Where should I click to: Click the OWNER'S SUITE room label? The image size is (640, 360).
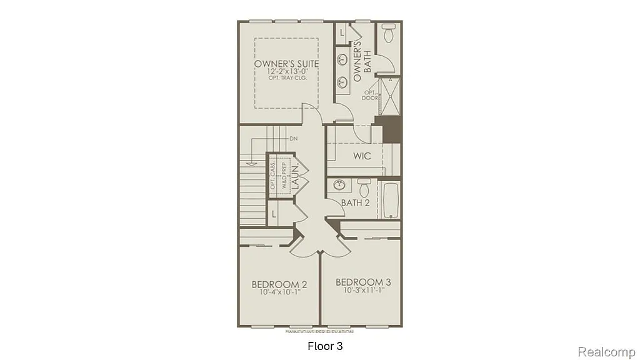pyautogui.click(x=286, y=64)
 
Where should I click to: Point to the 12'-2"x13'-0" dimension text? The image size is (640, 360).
pyautogui.click(x=286, y=73)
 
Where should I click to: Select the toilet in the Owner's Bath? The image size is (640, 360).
pyautogui.click(x=388, y=34)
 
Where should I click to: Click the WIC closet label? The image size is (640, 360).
pyautogui.click(x=362, y=155)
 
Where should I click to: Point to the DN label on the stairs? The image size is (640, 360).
pyautogui.click(x=293, y=138)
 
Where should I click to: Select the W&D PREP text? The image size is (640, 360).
pyautogui.click(x=284, y=176)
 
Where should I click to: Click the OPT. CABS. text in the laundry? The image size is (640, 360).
pyautogui.click(x=274, y=176)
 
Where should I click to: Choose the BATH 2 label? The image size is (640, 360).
pyautogui.click(x=355, y=202)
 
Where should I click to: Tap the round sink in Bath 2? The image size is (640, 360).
pyautogui.click(x=340, y=185)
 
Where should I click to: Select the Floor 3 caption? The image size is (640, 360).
pyautogui.click(x=326, y=345)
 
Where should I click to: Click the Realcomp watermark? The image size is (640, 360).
pyautogui.click(x=607, y=352)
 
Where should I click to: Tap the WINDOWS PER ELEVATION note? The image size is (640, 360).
pyautogui.click(x=319, y=331)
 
